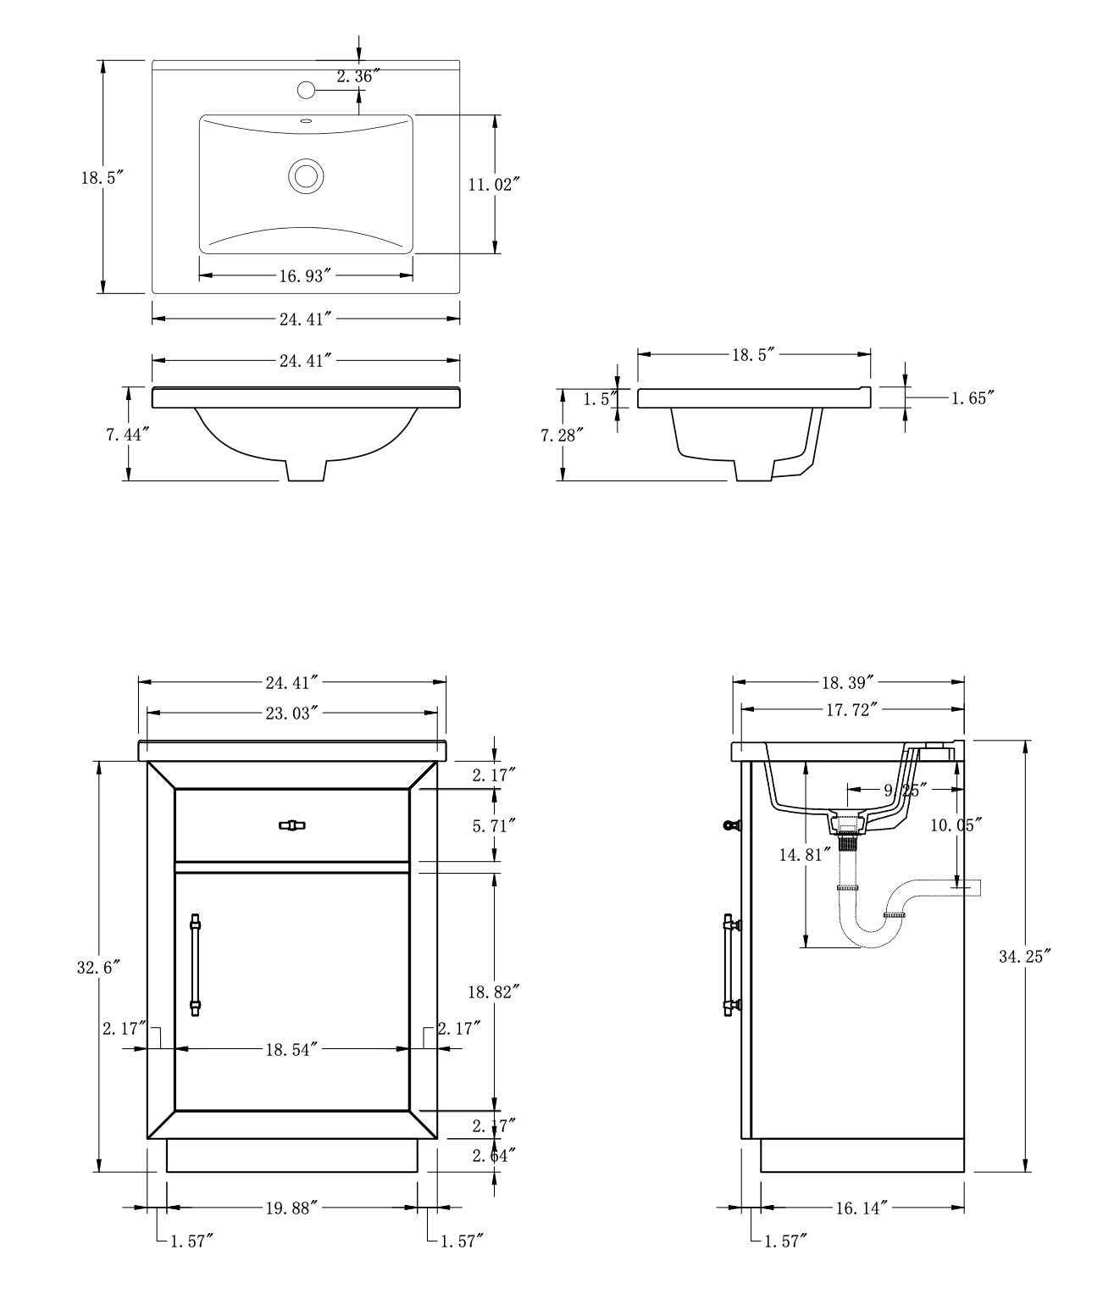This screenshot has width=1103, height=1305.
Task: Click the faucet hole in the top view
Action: (x=307, y=89)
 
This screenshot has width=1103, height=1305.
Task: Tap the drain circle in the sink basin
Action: (x=306, y=176)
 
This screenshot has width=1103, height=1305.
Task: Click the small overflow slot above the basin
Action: (x=306, y=121)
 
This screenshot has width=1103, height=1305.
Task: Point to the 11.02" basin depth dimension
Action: (x=493, y=184)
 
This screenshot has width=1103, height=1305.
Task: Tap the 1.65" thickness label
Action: (x=969, y=397)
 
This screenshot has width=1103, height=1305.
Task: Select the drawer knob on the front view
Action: (x=291, y=825)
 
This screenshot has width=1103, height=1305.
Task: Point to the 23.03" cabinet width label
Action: (x=291, y=712)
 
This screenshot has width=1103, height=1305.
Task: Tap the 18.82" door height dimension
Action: (x=493, y=990)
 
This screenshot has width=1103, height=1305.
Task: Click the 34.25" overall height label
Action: (x=1024, y=957)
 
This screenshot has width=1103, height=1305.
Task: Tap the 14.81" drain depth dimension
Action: (x=801, y=855)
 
